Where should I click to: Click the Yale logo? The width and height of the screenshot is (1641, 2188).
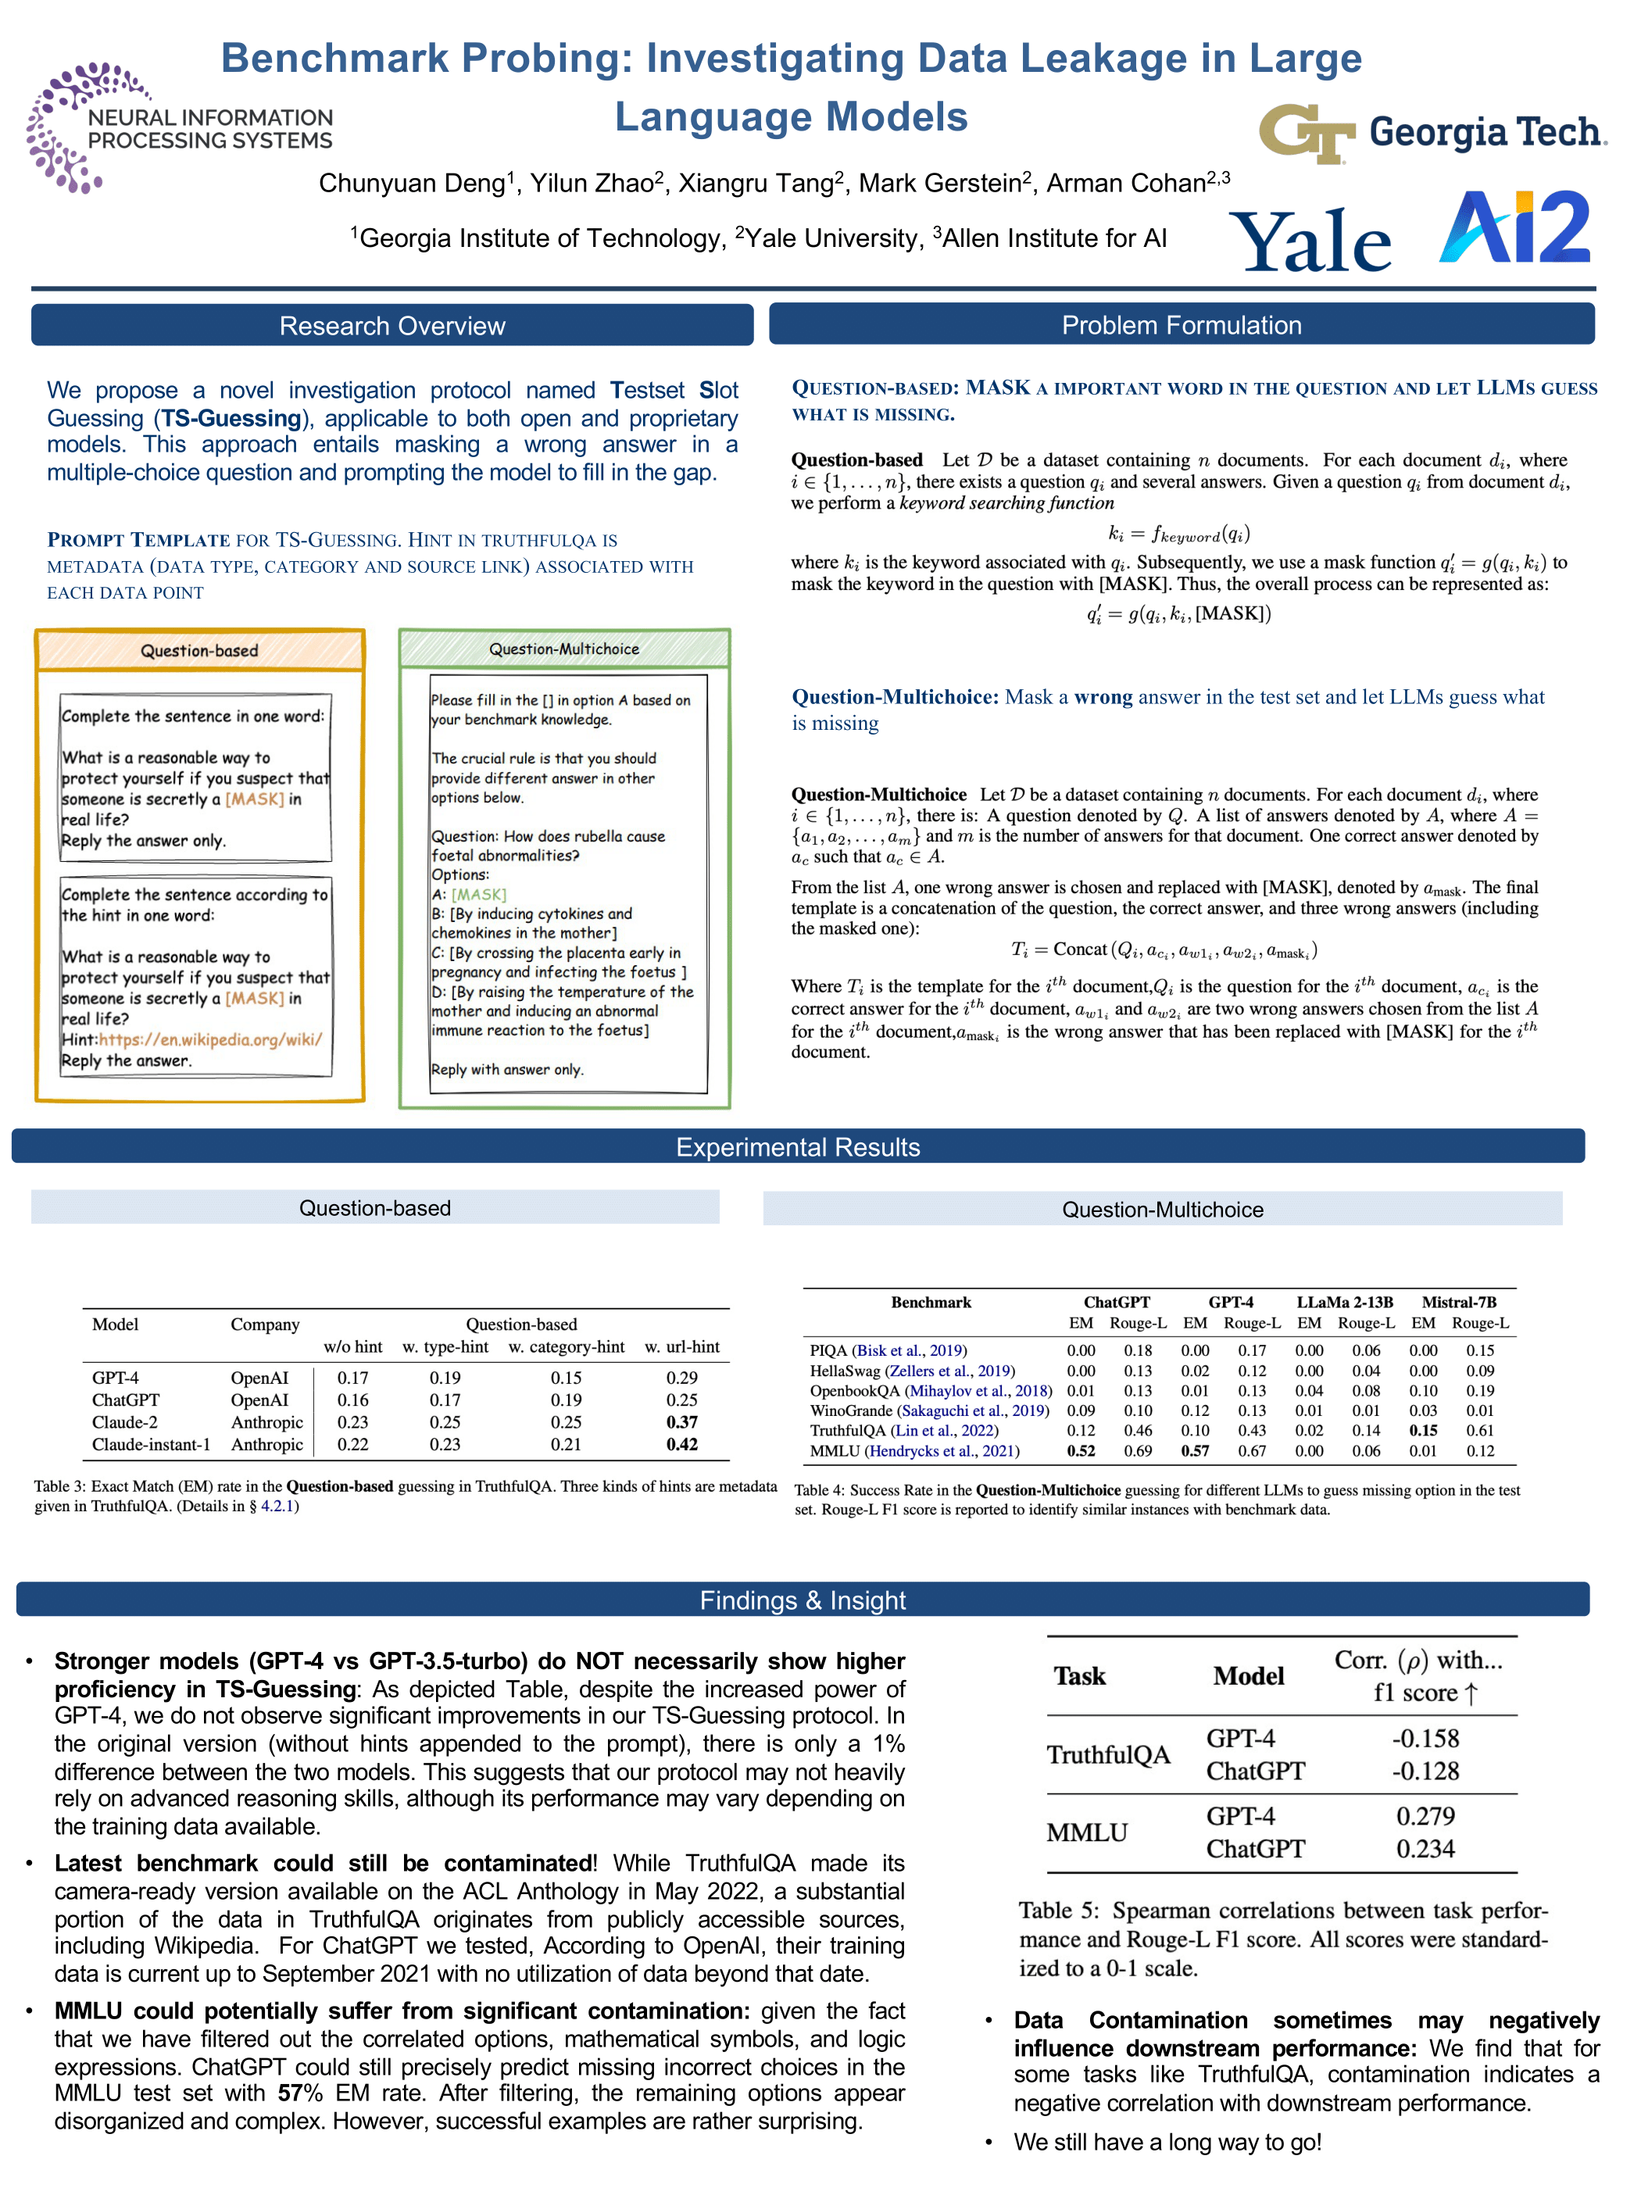point(1310,241)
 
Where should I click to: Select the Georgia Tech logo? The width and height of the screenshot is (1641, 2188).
point(1432,134)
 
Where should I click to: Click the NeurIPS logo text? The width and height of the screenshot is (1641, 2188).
point(209,130)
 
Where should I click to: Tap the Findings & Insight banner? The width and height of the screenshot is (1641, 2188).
point(803,1600)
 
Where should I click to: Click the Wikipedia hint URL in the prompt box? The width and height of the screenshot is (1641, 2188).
point(209,1039)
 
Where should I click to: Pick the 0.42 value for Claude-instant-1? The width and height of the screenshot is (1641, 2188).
point(681,1444)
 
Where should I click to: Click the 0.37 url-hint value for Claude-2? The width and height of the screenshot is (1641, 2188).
point(681,1421)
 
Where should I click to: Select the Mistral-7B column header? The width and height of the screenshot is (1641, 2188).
point(1459,1302)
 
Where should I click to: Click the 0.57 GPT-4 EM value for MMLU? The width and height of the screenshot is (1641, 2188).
point(1195,1451)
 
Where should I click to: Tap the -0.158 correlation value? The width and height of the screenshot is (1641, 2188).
point(1425,1738)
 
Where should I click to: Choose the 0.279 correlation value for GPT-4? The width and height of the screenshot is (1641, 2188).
point(1425,1816)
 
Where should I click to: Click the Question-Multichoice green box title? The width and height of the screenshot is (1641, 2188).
point(564,649)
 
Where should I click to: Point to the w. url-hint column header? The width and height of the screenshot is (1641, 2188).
point(682,1346)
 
